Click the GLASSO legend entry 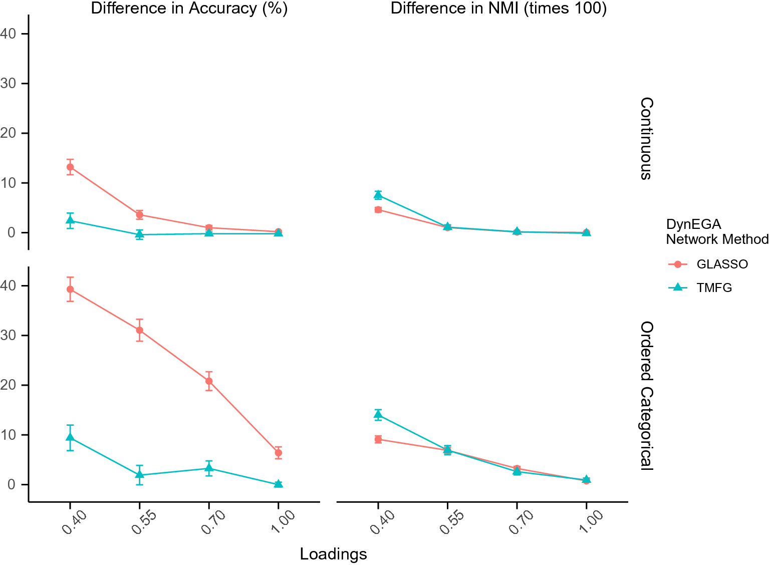[708, 264]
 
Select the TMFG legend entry [700, 288]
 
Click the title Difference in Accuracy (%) [189, 8]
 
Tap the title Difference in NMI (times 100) [498, 8]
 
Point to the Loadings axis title [333, 553]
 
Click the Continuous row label [647, 138]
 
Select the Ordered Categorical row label [647, 395]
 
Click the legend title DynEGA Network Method [717, 232]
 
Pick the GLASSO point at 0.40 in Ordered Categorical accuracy [70, 290]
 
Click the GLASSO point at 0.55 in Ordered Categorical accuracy [139, 330]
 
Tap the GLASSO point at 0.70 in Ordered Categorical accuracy [209, 381]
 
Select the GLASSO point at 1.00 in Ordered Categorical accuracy [279, 453]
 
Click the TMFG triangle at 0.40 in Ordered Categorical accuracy [70, 437]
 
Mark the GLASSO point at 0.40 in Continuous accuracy [70, 167]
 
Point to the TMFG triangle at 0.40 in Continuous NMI [378, 195]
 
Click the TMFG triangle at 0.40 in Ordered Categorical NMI [378, 415]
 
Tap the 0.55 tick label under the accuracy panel [144, 522]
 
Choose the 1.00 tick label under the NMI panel [591, 521]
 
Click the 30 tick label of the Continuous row [8, 84]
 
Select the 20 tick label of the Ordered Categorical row [8, 385]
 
